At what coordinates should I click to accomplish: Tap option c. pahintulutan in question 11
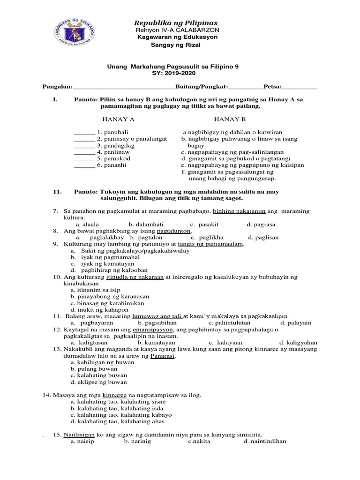pos(229,323)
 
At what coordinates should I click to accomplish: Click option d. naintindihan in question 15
pos(265,441)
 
